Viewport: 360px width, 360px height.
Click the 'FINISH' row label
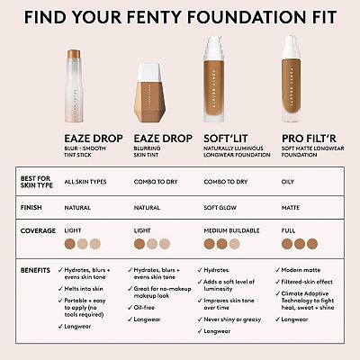point(31,207)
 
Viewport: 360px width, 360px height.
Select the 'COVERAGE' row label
point(35,231)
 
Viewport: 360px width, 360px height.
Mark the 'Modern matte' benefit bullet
point(306,269)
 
